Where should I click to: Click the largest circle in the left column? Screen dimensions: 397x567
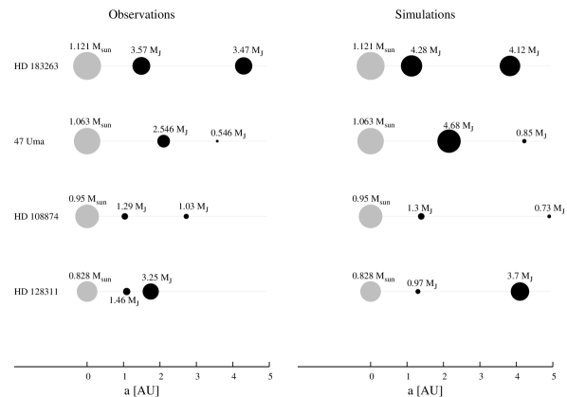[x=87, y=66]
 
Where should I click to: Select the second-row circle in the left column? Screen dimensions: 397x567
[x=87, y=141]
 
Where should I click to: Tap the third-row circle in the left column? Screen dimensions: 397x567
[x=87, y=216]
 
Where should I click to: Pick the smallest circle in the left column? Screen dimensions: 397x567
[x=87, y=291]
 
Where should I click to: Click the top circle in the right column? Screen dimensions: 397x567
[x=371, y=66]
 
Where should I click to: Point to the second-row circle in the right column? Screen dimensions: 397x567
[x=371, y=141]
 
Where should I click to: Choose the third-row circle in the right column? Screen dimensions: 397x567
[x=371, y=216]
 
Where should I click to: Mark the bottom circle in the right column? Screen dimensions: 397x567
[x=371, y=291]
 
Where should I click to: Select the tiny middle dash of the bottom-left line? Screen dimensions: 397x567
[x=137, y=291]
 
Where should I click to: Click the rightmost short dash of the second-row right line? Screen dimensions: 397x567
[x=539, y=141]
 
